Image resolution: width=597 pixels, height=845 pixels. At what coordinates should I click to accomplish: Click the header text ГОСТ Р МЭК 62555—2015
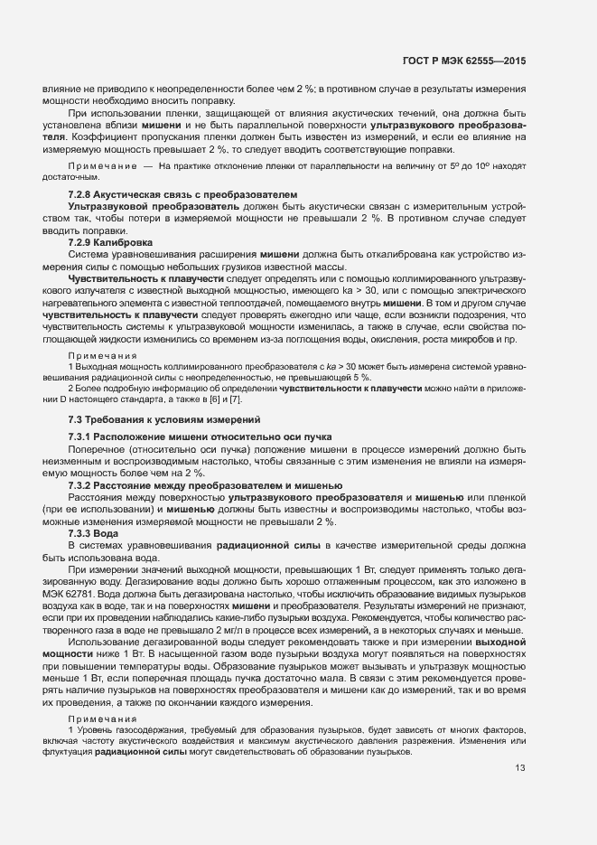coord(463,61)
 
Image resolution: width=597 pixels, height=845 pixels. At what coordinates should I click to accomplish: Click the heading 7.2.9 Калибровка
coord(111,243)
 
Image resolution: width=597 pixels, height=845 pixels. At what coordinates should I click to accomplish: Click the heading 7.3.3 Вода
coord(94,534)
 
